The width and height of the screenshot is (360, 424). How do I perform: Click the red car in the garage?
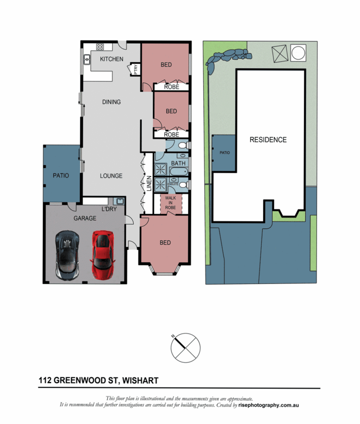pos(103,254)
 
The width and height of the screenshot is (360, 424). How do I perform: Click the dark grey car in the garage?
pos(67,255)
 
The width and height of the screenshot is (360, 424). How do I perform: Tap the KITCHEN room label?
pos(111,59)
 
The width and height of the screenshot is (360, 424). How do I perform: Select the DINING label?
pos(111,102)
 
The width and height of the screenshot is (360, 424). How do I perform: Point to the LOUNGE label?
pos(111,176)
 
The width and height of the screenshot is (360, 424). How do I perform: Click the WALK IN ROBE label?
pos(170,203)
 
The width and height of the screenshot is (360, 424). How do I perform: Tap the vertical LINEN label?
pos(149,184)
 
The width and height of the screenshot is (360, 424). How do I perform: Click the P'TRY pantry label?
pos(136,69)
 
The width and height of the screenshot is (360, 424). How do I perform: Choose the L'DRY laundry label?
pos(109,209)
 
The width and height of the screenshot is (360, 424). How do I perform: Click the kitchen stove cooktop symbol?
pos(100,47)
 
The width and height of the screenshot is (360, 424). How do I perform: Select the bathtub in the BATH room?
pos(178,171)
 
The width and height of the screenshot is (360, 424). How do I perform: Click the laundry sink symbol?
pos(119,201)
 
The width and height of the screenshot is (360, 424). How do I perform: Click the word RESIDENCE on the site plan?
pos(268,140)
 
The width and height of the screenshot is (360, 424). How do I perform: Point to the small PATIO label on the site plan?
pos(225,153)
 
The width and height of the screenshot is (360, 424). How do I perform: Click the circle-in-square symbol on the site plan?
pos(298,53)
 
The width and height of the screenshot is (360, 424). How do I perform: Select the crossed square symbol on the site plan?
pos(280,54)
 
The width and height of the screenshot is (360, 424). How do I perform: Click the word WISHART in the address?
pos(140,380)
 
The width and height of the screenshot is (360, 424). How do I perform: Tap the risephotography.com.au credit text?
pos(268,405)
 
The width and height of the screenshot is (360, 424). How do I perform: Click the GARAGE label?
pos(85,218)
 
